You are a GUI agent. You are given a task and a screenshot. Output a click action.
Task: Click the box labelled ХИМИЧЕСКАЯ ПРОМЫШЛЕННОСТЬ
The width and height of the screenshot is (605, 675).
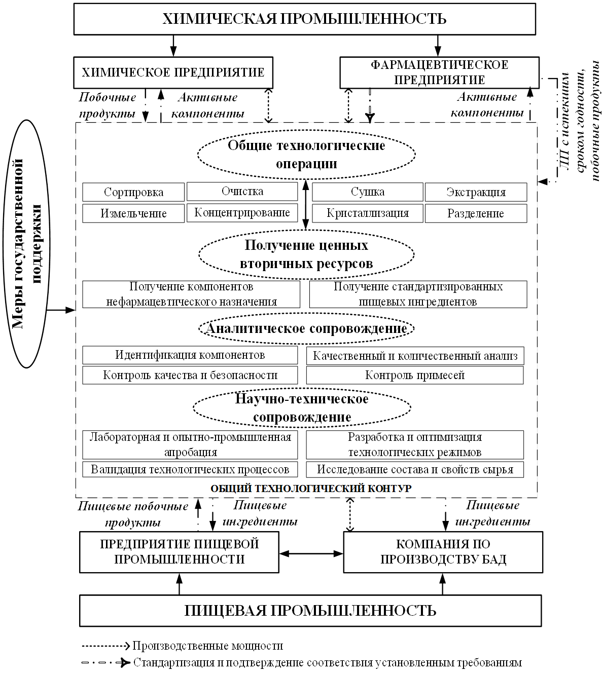pyautogui.click(x=304, y=19)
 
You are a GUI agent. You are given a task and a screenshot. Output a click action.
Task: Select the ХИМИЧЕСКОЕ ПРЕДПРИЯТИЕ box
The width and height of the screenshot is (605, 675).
pyautogui.click(x=173, y=72)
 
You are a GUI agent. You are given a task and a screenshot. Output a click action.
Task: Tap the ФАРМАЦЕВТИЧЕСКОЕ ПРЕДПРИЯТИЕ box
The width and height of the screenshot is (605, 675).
pyautogui.click(x=439, y=72)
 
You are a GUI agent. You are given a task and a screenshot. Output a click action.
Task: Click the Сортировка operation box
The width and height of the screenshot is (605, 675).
pyautogui.click(x=133, y=192)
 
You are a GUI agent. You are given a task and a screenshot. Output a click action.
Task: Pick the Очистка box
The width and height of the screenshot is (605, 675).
pyautogui.click(x=242, y=191)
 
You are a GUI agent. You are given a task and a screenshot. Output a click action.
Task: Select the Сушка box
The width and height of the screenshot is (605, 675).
pyautogui.click(x=368, y=192)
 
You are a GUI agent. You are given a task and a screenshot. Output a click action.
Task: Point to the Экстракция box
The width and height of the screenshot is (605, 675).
pyautogui.click(x=476, y=192)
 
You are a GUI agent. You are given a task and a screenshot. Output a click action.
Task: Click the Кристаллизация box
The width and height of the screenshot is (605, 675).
pyautogui.click(x=368, y=213)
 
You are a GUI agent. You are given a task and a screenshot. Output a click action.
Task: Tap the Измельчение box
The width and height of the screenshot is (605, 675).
pyautogui.click(x=133, y=213)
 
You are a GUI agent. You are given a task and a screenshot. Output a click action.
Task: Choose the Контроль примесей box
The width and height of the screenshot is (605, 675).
pyautogui.click(x=415, y=375)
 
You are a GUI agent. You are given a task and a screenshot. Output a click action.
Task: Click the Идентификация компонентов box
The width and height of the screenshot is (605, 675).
pyautogui.click(x=190, y=355)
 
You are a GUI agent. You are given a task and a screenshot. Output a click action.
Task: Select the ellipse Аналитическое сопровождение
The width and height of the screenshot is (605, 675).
pyautogui.click(x=306, y=328)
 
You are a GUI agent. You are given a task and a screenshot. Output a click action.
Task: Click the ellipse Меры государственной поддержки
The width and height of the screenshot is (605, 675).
pyautogui.click(x=26, y=244)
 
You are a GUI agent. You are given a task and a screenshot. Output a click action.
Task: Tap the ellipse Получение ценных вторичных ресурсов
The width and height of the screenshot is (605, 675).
pyautogui.click(x=306, y=254)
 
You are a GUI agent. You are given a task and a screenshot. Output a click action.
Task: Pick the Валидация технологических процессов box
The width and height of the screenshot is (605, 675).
pyautogui.click(x=190, y=469)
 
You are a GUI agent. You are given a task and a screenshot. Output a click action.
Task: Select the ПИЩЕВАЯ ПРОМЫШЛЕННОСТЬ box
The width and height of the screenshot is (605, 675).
pyautogui.click(x=310, y=611)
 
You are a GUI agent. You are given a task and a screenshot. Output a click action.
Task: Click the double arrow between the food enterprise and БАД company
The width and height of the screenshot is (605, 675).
pyautogui.click(x=311, y=554)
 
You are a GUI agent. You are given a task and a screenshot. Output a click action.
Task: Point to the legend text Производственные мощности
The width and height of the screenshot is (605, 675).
pyautogui.click(x=208, y=646)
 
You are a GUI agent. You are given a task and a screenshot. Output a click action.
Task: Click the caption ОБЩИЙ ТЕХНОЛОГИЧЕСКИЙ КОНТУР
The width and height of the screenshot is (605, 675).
pyautogui.click(x=311, y=489)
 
